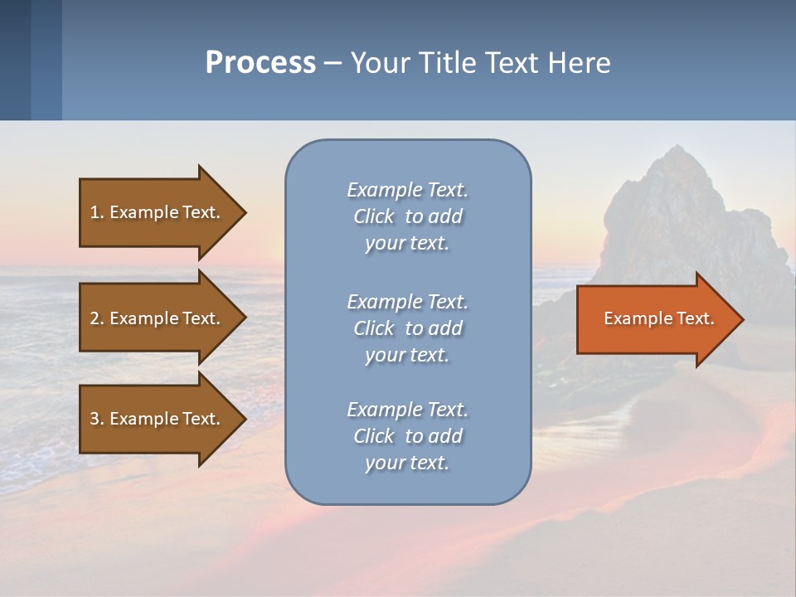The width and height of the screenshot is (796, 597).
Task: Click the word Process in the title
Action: tap(260, 63)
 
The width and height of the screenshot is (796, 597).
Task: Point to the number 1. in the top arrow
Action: tap(97, 212)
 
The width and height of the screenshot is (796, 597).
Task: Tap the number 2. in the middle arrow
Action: tap(97, 318)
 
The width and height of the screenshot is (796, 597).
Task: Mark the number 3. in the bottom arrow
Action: tap(97, 419)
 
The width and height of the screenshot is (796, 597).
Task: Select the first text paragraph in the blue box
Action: tap(407, 216)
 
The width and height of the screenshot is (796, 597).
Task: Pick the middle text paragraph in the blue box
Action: tap(407, 328)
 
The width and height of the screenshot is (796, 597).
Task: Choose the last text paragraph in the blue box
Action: tap(407, 436)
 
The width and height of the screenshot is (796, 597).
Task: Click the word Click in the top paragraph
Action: tap(374, 216)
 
